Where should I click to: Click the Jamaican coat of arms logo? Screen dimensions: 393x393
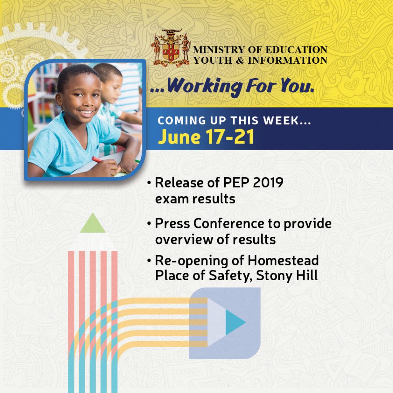click(x=171, y=48)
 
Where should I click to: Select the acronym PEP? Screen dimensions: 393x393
click(x=230, y=183)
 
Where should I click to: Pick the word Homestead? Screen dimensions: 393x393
click(x=283, y=260)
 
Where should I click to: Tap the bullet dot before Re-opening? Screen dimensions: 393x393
click(x=149, y=261)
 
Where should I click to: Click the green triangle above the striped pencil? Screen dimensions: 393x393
click(x=92, y=224)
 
